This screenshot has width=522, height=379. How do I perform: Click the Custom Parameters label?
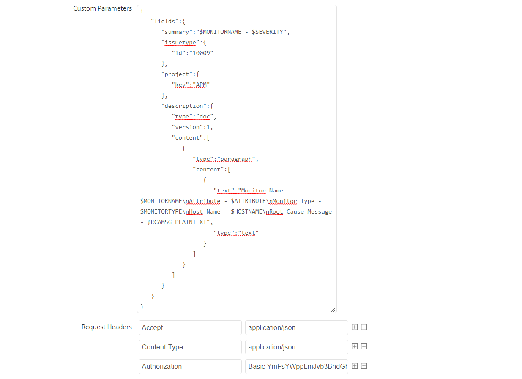(102, 8)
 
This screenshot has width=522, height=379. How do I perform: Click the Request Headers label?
(107, 327)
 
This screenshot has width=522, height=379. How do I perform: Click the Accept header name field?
(190, 327)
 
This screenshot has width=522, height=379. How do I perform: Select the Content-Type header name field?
(190, 347)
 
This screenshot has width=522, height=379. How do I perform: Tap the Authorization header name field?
(190, 366)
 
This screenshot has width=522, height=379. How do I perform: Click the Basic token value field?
(296, 366)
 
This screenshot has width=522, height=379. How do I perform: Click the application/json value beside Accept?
(296, 327)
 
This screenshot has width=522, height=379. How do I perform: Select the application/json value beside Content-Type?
(296, 347)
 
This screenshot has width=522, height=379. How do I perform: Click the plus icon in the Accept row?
(355, 327)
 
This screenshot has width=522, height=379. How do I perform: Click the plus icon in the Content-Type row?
(355, 346)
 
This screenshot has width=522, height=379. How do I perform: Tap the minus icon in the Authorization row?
(364, 366)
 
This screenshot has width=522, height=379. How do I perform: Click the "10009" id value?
(201, 53)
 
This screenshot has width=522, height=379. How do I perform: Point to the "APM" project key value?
(201, 85)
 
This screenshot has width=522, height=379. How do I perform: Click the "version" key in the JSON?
(186, 127)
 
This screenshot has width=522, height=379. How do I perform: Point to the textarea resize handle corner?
(333, 310)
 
